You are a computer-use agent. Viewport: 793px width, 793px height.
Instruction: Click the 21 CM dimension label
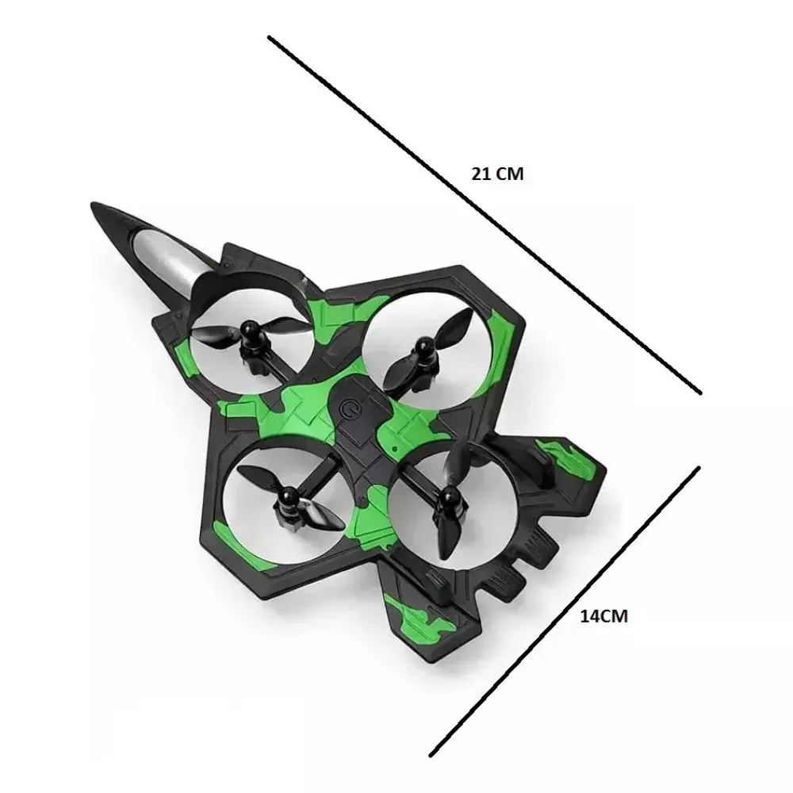point(497,174)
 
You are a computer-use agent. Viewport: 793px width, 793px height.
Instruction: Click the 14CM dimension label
point(603,616)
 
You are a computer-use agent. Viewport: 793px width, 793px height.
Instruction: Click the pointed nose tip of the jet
point(93,205)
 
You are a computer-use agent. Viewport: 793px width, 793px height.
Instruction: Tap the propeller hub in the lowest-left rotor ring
point(288,496)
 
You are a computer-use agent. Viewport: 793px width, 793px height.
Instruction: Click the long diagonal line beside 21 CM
point(485,214)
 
